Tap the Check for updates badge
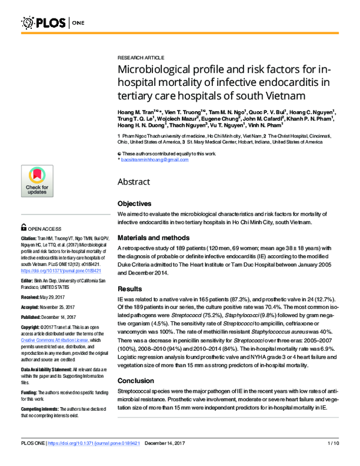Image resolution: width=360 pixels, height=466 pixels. [37, 181]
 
